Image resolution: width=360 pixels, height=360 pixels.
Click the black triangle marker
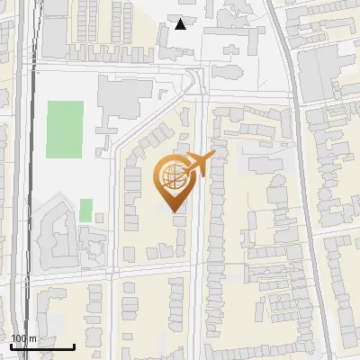(181, 24)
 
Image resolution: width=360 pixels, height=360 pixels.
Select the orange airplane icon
(201, 164)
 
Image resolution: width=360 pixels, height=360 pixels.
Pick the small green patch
(85, 210)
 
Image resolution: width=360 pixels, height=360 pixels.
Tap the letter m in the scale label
(33, 338)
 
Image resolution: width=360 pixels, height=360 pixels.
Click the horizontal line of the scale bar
(41, 347)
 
